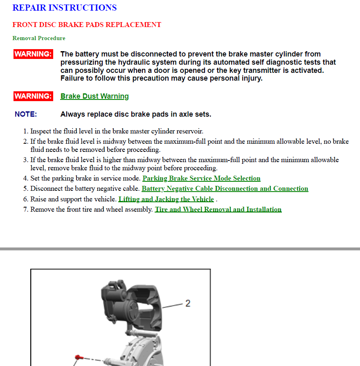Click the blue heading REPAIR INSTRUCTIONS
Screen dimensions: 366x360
click(x=64, y=8)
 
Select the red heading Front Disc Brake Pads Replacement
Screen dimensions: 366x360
click(x=87, y=25)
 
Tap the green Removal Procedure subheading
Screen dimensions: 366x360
click(x=39, y=38)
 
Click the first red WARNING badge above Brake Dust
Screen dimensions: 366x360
click(x=33, y=54)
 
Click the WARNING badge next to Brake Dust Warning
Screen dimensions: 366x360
click(x=33, y=96)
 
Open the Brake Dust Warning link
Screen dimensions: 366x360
click(x=94, y=96)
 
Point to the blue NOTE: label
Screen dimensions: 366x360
click(x=26, y=114)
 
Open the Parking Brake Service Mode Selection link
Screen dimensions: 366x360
click(x=201, y=178)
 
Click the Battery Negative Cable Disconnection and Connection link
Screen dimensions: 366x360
click(x=225, y=189)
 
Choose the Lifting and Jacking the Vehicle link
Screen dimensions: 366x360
click(x=166, y=199)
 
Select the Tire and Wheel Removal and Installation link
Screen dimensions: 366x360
click(x=218, y=210)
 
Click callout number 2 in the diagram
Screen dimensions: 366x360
click(x=188, y=303)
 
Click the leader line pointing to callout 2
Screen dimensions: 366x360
click(x=172, y=305)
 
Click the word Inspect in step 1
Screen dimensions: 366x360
click(x=41, y=131)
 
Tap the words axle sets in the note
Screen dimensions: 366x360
click(x=195, y=114)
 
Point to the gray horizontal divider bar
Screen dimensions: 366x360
click(x=180, y=249)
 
